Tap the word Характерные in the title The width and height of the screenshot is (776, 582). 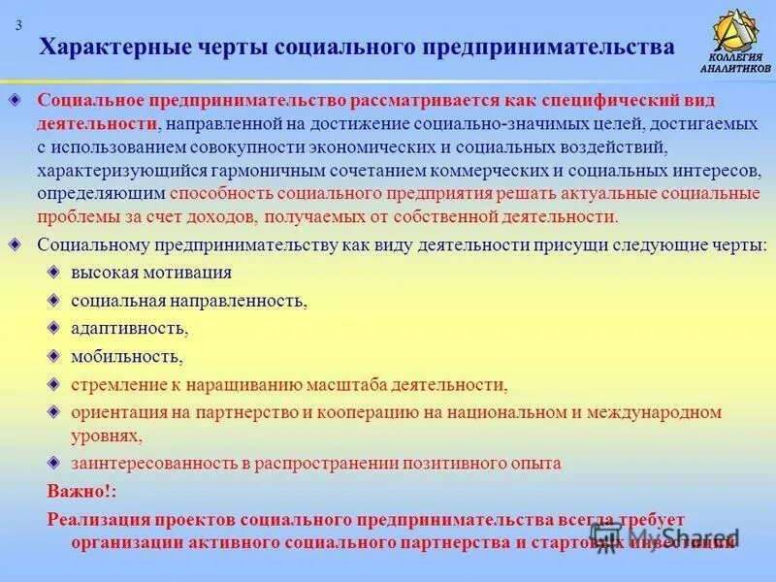coord(106,47)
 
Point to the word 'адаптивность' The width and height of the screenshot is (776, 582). coord(127,328)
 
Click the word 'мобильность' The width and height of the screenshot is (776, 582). coord(125,356)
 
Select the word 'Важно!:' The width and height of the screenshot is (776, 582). coord(78,491)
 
